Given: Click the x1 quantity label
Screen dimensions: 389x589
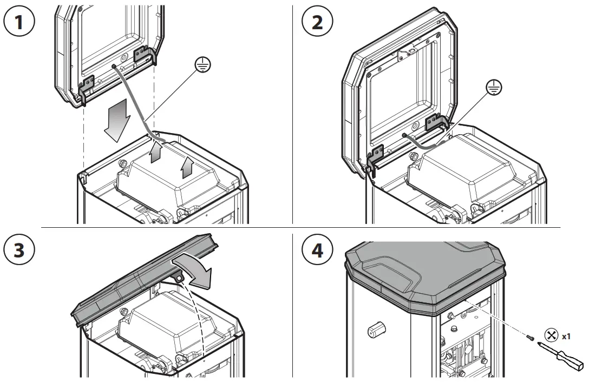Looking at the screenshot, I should [566, 336].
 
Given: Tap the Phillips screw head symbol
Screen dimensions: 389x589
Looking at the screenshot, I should [551, 335].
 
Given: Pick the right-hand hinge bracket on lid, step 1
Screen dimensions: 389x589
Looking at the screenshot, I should [143, 56].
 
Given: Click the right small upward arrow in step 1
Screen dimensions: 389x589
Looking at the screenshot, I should [187, 169].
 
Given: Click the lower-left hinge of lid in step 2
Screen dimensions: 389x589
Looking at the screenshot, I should [376, 157].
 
